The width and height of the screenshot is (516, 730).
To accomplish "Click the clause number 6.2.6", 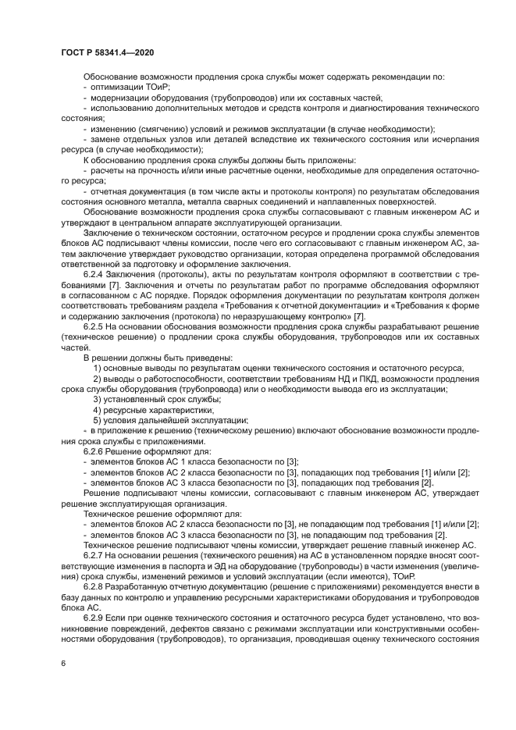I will (95, 450).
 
